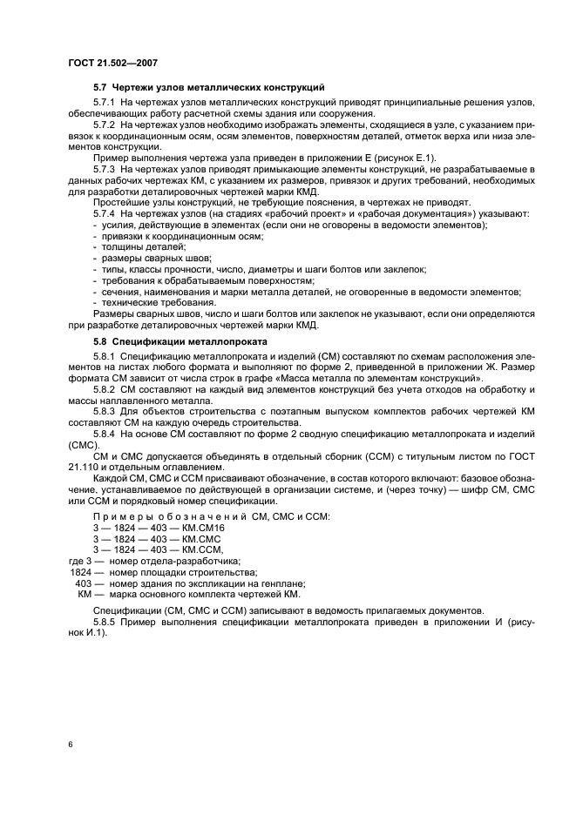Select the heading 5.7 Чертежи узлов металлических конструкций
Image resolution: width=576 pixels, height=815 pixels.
[209, 88]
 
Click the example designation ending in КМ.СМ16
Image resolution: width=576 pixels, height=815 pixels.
[159, 529]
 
